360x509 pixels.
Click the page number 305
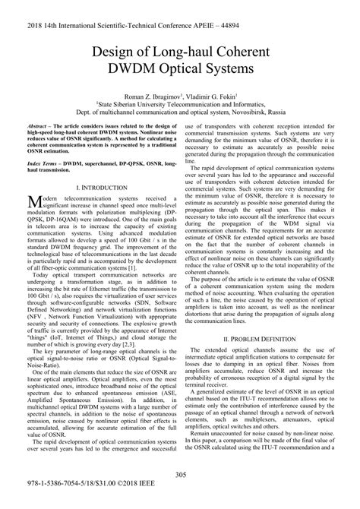coord(181,475)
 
